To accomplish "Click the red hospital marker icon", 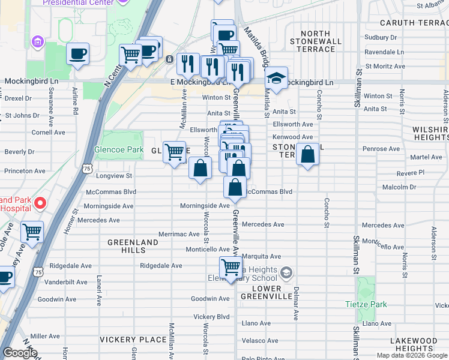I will click(x=40, y=203).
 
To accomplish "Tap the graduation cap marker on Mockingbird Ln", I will click(x=276, y=79).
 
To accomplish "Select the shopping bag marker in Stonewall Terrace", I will click(x=307, y=155).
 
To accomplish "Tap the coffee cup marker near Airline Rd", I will click(x=78, y=54).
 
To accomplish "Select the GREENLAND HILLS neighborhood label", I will click(x=133, y=247).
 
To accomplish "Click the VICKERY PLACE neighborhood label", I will click(x=133, y=340).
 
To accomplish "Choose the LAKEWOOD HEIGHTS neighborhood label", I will click(x=413, y=344).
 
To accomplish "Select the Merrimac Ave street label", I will click(x=178, y=234).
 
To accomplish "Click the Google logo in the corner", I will click(x=20, y=353).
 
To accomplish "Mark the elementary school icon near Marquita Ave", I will click(x=287, y=274).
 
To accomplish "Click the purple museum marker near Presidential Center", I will click(x=38, y=42).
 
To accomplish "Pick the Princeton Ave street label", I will click(x=25, y=171).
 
